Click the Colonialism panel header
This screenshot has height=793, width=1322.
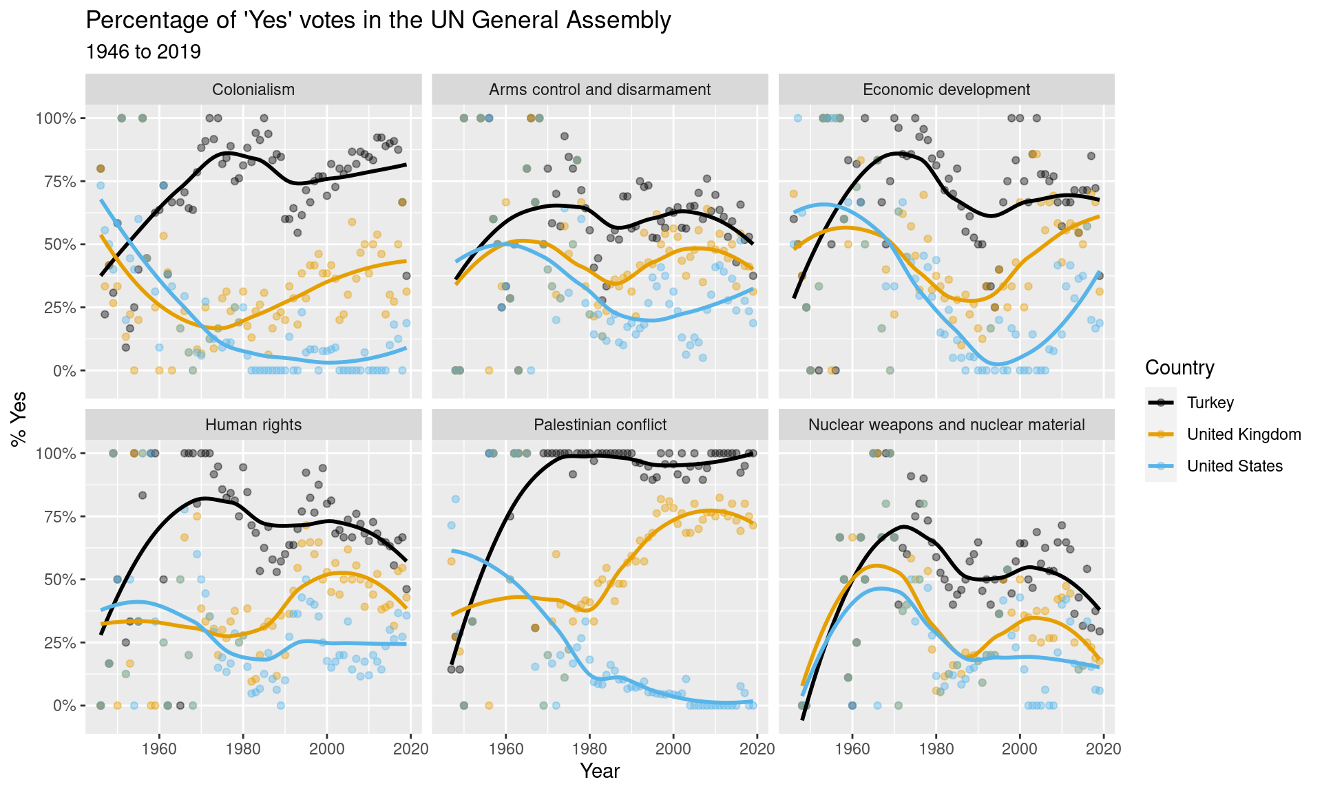[253, 89]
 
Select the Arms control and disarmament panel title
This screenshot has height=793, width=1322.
[600, 89]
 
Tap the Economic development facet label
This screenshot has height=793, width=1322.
[946, 89]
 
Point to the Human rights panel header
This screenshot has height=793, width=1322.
[253, 425]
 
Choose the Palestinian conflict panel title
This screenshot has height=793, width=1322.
[600, 425]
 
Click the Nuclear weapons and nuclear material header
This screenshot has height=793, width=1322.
[946, 425]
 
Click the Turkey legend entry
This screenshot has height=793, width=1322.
[1210, 403]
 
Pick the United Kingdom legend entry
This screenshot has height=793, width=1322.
[1244, 434]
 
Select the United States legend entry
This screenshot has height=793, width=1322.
[1235, 466]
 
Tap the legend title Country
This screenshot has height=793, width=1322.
[1179, 368]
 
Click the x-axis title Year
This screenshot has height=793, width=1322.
[600, 771]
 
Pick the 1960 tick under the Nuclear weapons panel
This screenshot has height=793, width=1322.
[852, 748]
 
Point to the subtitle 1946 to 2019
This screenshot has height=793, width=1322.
[143, 52]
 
